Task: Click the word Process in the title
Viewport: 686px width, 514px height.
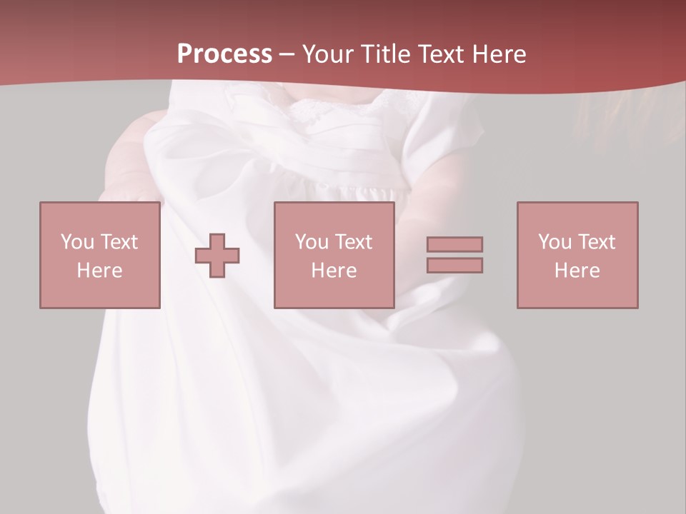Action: [x=224, y=54]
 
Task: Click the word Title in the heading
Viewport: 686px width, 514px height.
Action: [x=386, y=54]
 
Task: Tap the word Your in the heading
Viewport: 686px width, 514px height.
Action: [x=328, y=54]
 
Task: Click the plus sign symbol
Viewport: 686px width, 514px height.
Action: [x=217, y=256]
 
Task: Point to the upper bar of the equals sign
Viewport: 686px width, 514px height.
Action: [x=454, y=244]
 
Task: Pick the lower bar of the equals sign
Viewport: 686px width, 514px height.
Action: [x=454, y=265]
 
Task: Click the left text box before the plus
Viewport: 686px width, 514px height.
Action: [x=99, y=214]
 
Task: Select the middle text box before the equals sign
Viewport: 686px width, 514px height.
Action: [x=334, y=214]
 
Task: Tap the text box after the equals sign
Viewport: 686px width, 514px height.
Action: [x=577, y=214]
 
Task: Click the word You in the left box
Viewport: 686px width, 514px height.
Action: [x=77, y=242]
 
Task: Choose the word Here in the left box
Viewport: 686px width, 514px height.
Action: [x=99, y=271]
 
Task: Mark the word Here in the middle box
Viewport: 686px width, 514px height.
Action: [x=334, y=271]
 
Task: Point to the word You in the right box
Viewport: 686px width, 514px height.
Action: [x=555, y=242]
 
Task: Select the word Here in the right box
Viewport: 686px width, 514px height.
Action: [x=577, y=271]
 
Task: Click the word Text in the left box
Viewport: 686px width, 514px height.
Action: [x=118, y=242]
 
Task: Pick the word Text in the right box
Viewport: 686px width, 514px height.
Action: [x=595, y=242]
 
